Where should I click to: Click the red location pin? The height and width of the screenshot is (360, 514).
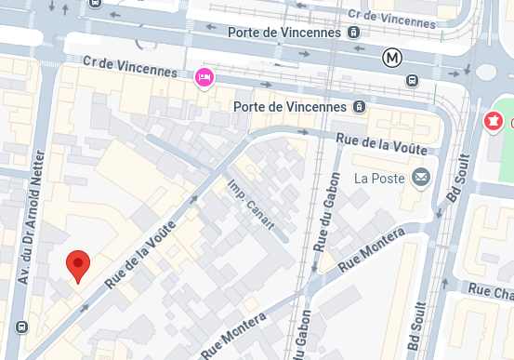79,265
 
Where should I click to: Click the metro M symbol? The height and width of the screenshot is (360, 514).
392,58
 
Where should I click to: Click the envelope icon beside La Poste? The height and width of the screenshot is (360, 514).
421,177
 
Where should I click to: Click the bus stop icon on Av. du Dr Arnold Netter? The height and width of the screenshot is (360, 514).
20,327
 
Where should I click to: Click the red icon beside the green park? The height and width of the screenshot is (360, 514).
494,121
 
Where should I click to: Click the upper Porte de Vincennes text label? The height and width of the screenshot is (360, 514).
285,33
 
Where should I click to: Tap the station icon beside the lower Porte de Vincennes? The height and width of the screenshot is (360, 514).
358,106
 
